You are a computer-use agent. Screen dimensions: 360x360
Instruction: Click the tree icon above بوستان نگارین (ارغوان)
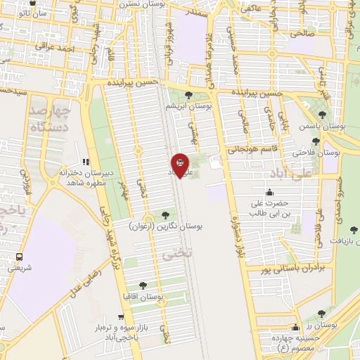(166, 215)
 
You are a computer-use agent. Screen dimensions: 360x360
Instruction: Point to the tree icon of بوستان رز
(323, 314)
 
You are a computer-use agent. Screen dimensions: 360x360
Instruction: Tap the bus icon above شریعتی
(19, 257)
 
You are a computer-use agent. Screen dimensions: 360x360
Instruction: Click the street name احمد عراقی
(56, 49)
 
